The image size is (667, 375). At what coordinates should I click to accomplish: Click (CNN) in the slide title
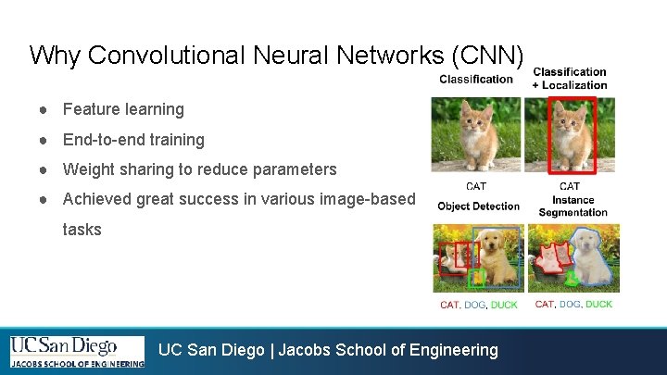[488, 56]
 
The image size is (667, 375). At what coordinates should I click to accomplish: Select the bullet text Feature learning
[123, 109]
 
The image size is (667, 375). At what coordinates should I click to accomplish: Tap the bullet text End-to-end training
[133, 140]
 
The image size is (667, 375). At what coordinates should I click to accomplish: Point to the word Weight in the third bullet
[89, 169]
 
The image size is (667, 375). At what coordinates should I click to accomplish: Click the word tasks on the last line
[82, 229]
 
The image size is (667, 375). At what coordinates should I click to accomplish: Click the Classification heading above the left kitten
[476, 80]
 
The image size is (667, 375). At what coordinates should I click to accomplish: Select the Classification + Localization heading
[570, 79]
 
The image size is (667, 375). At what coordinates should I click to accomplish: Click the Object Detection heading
[478, 206]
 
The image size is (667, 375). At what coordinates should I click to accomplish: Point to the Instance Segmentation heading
[573, 206]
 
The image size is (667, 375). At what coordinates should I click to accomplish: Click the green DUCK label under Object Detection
[504, 305]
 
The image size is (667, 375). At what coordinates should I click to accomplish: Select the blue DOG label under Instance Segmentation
[569, 304]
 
